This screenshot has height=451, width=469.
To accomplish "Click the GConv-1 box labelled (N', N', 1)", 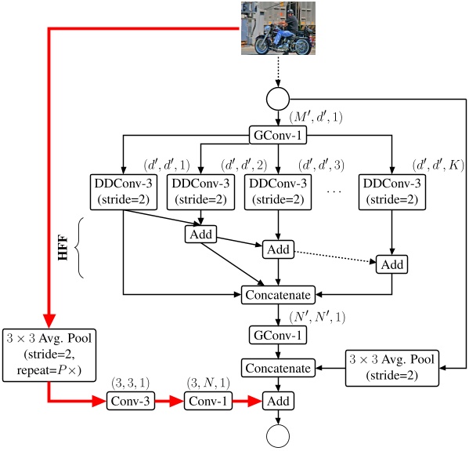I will point(279,335).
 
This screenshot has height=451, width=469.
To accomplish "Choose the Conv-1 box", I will point(209,402).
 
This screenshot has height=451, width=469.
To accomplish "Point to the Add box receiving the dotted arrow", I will point(391,264).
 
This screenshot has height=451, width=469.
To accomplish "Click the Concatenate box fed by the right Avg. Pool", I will point(279,367).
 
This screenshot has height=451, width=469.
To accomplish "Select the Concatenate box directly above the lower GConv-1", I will point(279,295).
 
